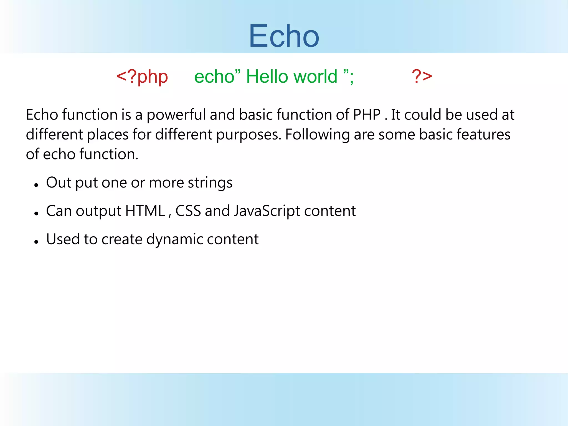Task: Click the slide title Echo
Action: coord(284,36)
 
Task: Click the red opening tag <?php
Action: coord(142,77)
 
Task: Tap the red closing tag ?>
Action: coord(422,76)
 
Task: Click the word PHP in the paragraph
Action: coord(367,115)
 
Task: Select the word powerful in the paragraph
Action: coord(176,115)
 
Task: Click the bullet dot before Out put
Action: coord(36,185)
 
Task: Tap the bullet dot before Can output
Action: coord(36,213)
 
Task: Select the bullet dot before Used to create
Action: coord(36,242)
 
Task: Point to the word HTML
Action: coord(145,211)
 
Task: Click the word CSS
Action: coord(188,211)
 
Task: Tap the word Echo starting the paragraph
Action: coord(42,115)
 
